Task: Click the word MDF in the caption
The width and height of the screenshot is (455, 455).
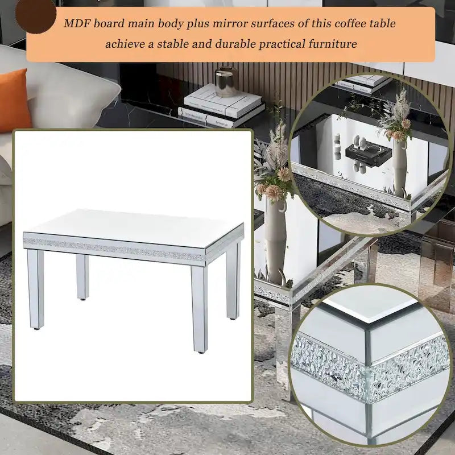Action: click(x=77, y=23)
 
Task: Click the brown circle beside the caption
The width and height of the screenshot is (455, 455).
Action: click(x=35, y=16)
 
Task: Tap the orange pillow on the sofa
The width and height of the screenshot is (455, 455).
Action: click(x=14, y=100)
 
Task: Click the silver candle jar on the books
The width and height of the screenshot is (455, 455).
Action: click(x=226, y=81)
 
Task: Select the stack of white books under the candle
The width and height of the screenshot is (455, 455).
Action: click(x=221, y=106)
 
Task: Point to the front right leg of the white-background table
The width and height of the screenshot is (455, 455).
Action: click(x=200, y=309)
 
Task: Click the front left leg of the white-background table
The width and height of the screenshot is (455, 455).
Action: click(x=35, y=289)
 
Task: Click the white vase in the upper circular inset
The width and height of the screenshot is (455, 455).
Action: click(x=400, y=168)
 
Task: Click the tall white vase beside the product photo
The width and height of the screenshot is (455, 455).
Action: click(x=275, y=240)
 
